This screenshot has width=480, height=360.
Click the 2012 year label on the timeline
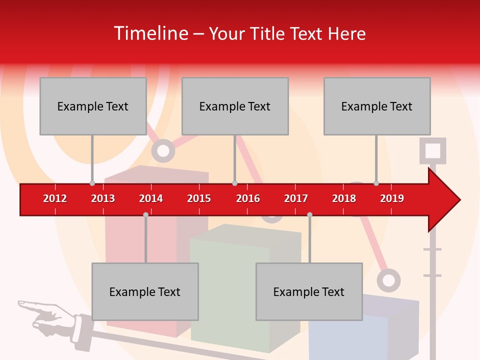coord(55,198)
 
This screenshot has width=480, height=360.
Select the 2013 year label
coord(103,198)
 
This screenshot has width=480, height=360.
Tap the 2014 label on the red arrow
coord(151,198)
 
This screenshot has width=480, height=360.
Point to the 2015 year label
coord(199,198)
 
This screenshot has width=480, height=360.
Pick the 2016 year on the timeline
coord(248,198)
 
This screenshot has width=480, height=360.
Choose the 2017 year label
coord(296,198)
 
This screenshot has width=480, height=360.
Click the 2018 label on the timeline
coord(344,198)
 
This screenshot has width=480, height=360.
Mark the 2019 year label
coord(392,198)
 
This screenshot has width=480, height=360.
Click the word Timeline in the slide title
coord(150,33)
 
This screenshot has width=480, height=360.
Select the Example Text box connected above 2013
coord(93,106)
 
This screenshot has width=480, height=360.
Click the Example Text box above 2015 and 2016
coord(235,106)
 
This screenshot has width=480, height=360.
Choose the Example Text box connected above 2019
coord(377,106)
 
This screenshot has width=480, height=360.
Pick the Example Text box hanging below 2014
coord(145,291)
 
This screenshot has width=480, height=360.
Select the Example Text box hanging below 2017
coord(309,291)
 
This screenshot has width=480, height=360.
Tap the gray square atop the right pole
coord(433,150)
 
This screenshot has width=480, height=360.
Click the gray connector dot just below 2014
coord(145,214)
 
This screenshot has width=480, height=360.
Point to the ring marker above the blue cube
coord(388,280)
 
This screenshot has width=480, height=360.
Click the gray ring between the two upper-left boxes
coord(163,150)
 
